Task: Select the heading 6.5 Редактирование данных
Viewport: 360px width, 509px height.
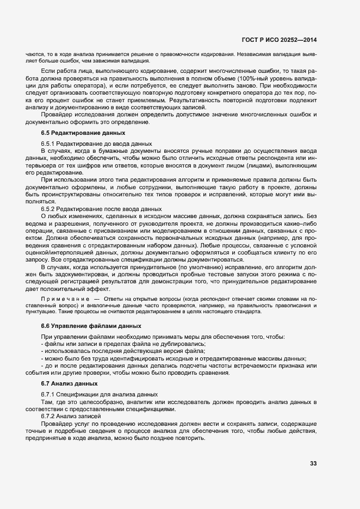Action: point(75,133)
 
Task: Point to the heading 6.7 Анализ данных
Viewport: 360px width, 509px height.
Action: point(62,383)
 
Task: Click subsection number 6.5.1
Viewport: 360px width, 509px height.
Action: point(49,143)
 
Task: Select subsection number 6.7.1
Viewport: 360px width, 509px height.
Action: point(49,394)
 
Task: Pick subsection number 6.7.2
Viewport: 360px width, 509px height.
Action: point(49,415)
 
